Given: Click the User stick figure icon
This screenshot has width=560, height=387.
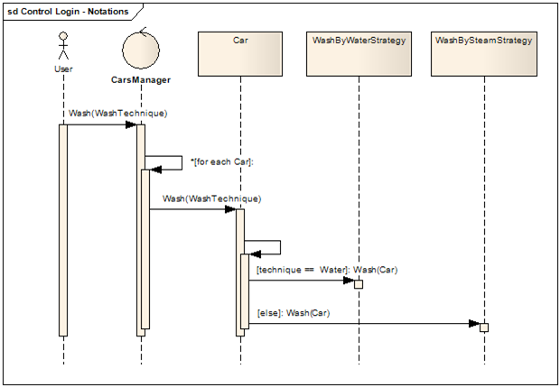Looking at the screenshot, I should (x=63, y=46).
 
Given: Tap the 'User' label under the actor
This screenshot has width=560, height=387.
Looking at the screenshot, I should (x=63, y=68).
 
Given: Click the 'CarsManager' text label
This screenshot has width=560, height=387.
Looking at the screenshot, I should (x=141, y=80).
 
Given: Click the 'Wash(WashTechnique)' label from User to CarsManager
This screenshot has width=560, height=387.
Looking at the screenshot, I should (x=117, y=114).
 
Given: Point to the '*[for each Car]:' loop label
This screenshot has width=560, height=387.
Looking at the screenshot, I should (x=222, y=161).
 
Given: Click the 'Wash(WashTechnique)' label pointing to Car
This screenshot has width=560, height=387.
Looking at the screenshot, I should (x=211, y=198).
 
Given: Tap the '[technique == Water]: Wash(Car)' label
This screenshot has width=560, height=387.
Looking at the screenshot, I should (x=326, y=269).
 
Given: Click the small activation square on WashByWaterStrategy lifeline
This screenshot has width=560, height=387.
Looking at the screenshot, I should (x=359, y=283).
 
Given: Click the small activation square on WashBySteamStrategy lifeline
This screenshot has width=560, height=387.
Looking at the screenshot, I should (x=483, y=327).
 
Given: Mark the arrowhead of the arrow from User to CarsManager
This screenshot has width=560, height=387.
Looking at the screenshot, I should (x=131, y=124).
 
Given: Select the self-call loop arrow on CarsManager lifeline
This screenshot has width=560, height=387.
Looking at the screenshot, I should (x=168, y=161).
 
